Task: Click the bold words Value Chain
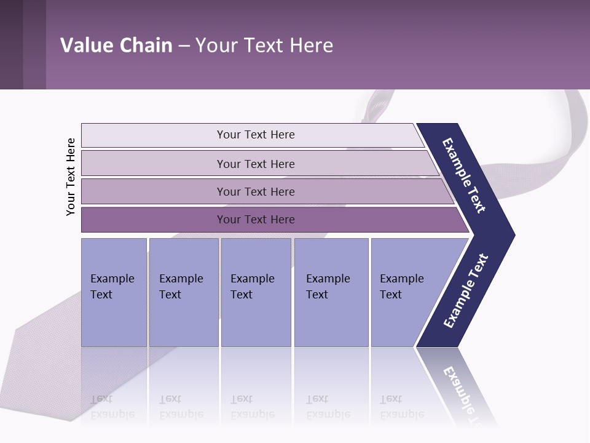pyautogui.click(x=116, y=46)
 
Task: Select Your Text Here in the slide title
pyautogui.click(x=264, y=46)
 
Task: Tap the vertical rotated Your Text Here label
pyautogui.click(x=71, y=177)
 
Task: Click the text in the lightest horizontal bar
pyautogui.click(x=256, y=135)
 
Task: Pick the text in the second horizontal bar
pyautogui.click(x=256, y=164)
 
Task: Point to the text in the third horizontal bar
pyautogui.click(x=256, y=192)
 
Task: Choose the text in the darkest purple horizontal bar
pyautogui.click(x=256, y=220)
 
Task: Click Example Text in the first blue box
pyautogui.click(x=112, y=287)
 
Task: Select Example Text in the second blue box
pyautogui.click(x=181, y=287)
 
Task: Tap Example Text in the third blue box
pyautogui.click(x=252, y=287)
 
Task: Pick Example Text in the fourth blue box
pyautogui.click(x=328, y=287)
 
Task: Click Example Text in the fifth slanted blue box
pyautogui.click(x=401, y=287)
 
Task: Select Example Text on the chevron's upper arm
pyautogui.click(x=465, y=175)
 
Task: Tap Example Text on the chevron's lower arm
pyautogui.click(x=466, y=291)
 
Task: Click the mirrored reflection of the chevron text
pyautogui.click(x=464, y=394)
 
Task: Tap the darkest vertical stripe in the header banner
pyautogui.click(x=11, y=44)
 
